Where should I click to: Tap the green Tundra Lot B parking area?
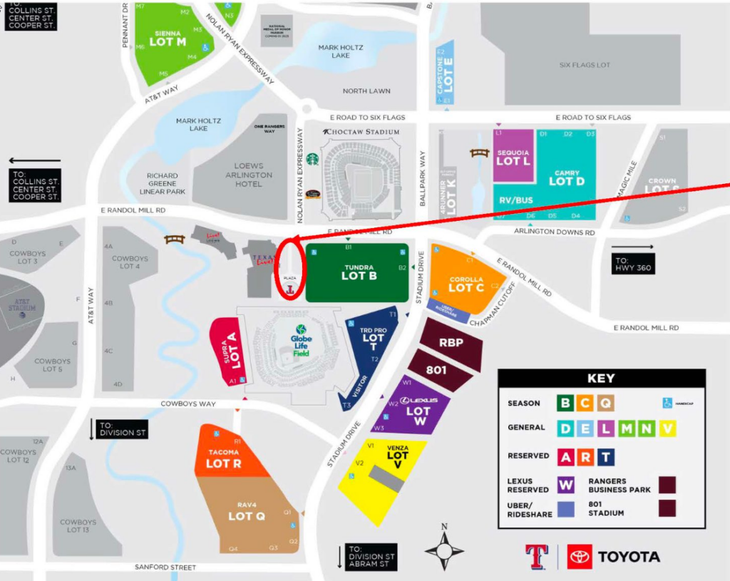358,272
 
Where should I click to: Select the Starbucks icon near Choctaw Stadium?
312,158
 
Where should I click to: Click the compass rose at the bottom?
444,550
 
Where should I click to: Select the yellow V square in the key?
667,428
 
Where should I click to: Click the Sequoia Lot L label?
513,158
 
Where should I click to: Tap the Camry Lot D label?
566,178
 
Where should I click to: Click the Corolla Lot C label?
466,284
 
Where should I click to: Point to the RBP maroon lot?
451,342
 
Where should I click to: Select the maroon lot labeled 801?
436,370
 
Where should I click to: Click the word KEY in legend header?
601,379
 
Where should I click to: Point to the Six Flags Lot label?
585,65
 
